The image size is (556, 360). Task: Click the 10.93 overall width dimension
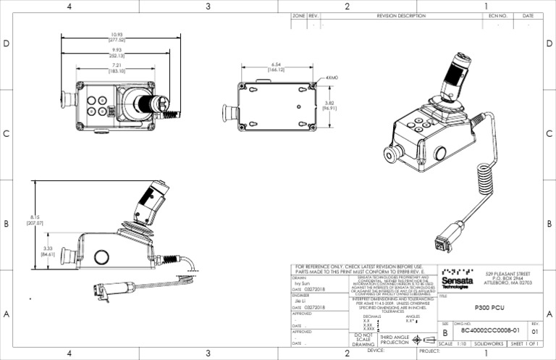(x=117, y=37)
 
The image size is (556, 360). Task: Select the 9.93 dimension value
(x=117, y=52)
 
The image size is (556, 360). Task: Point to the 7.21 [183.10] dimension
(x=117, y=69)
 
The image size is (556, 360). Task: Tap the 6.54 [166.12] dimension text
(x=276, y=67)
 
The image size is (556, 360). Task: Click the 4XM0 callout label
(x=332, y=77)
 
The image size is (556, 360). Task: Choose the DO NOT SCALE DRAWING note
(x=363, y=340)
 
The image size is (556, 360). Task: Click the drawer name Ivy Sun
(x=301, y=282)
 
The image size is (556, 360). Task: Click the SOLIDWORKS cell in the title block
(x=484, y=343)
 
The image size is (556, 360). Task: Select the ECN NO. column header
(x=497, y=15)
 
